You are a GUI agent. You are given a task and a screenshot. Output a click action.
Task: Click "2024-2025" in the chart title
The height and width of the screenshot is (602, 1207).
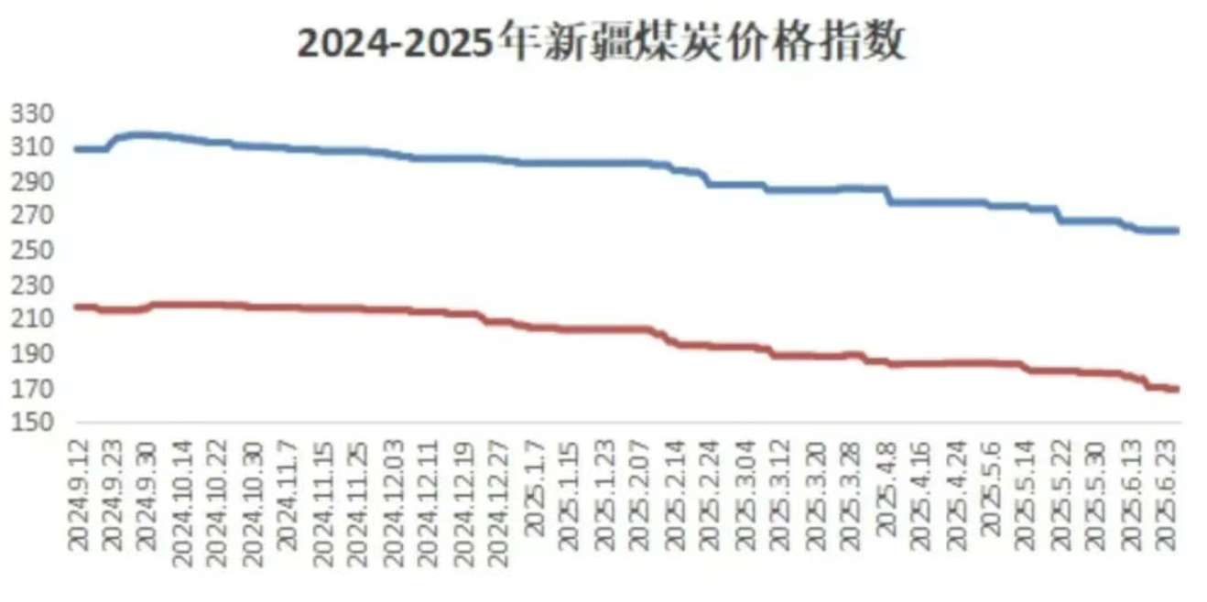coord(400,44)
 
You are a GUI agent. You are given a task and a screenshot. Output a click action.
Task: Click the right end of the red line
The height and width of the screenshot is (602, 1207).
coord(1178,389)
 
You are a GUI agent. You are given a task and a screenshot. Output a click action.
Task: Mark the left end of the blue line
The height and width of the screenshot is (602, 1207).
coord(75,148)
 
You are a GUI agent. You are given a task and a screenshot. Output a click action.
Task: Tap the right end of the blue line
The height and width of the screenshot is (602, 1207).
coord(1178,231)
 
